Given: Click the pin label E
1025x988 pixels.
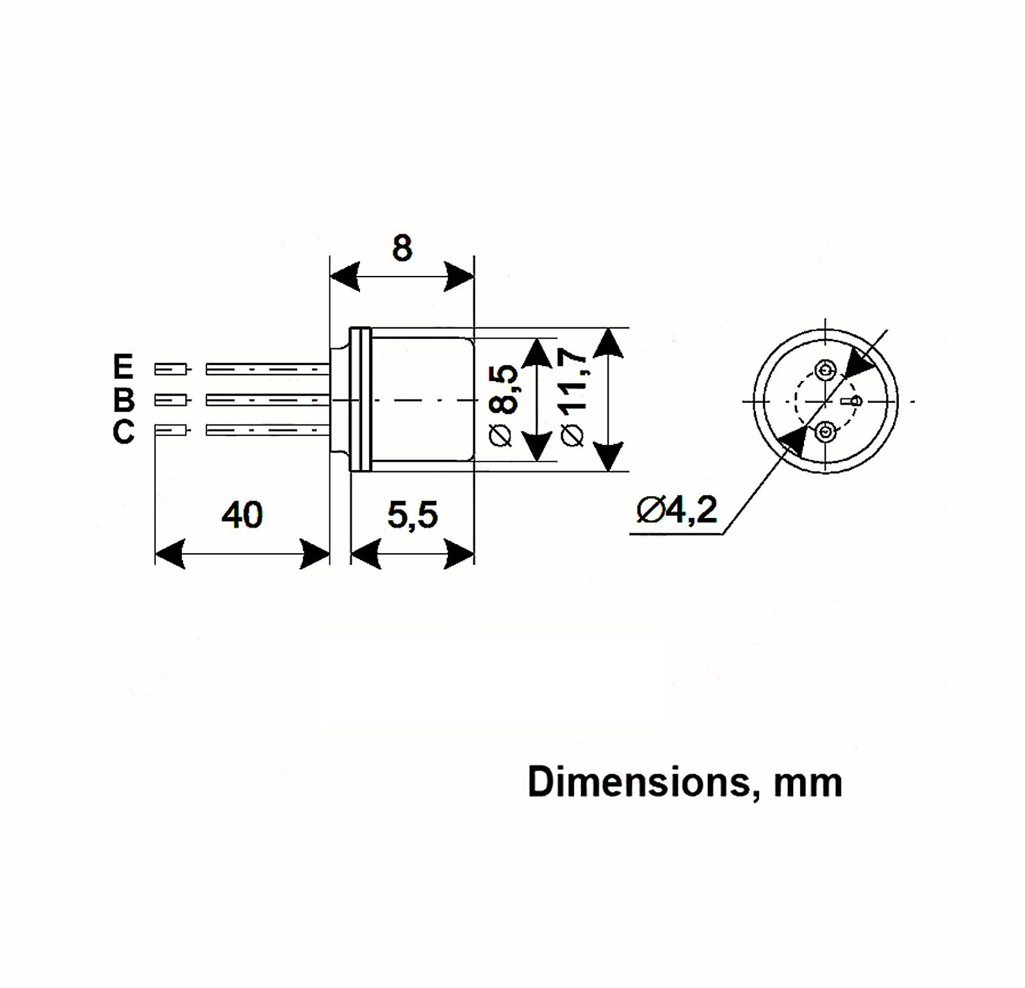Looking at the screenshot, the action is click(123, 367).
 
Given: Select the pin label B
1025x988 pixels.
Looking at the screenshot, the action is click(124, 400).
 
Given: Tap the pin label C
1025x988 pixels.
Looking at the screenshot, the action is click(124, 432).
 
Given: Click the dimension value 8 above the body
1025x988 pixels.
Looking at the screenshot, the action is click(402, 248).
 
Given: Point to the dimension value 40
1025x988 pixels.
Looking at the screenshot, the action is click(242, 515).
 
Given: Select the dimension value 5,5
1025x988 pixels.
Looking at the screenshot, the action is click(413, 515).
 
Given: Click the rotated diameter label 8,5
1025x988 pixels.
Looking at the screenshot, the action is click(504, 405).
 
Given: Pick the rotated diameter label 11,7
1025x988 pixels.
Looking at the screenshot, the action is click(574, 397).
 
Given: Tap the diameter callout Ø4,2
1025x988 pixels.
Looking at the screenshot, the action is click(677, 510).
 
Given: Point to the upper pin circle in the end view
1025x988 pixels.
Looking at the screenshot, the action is click(825, 369).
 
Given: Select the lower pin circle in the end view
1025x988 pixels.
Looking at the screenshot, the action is click(825, 433).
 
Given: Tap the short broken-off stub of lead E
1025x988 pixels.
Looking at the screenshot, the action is click(171, 369).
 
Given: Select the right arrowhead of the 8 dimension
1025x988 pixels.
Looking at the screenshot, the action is click(459, 277).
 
